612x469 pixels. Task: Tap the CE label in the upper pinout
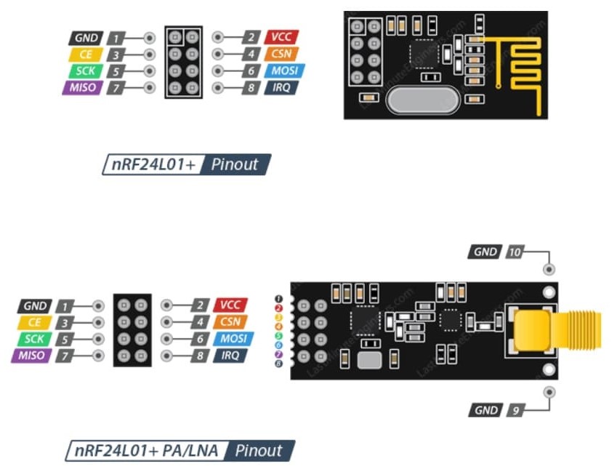pos(86,55)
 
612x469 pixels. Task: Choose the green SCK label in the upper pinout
pos(85,71)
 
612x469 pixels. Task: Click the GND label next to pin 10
pos(485,252)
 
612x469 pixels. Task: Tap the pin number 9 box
pos(515,410)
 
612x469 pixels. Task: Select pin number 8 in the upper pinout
pos(251,88)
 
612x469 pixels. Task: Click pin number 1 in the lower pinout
pos(65,306)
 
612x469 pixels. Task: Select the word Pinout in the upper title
pos(235,164)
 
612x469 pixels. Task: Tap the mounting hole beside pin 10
pos(549,269)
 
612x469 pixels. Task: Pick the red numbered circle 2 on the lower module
pos(278,308)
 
